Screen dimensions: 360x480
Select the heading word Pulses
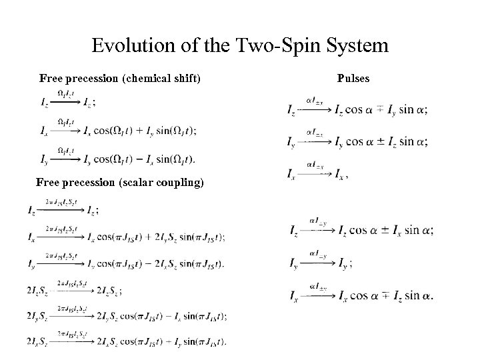(x=353, y=79)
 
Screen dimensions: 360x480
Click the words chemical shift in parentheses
(x=161, y=79)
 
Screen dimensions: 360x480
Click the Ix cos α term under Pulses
(x=353, y=295)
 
